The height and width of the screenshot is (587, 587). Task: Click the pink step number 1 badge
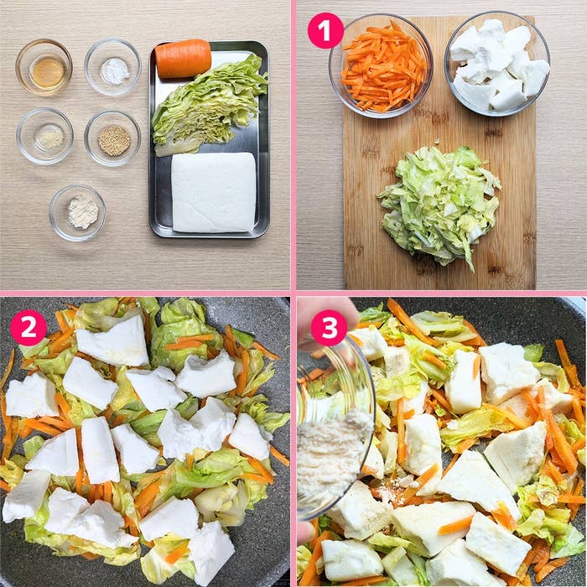pyautogui.click(x=325, y=31)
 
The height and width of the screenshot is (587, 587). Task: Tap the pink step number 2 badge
pyautogui.click(x=28, y=328)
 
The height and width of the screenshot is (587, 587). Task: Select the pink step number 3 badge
pyautogui.click(x=329, y=328)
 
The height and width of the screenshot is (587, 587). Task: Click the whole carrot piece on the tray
pyautogui.click(x=183, y=58)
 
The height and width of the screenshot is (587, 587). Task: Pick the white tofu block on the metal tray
pyautogui.click(x=213, y=192)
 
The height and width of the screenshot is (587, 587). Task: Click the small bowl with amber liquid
pyautogui.click(x=44, y=68)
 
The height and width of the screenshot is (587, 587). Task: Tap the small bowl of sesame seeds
pyautogui.click(x=113, y=138)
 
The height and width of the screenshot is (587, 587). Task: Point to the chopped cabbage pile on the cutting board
pyautogui.click(x=439, y=201)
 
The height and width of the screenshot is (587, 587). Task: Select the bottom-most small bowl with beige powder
pyautogui.click(x=79, y=212)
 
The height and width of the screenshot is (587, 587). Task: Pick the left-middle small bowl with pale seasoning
pyautogui.click(x=45, y=137)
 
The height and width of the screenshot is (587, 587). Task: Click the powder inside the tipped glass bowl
pyautogui.click(x=332, y=453)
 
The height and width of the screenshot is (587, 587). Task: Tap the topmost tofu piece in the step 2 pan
pyautogui.click(x=113, y=342)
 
